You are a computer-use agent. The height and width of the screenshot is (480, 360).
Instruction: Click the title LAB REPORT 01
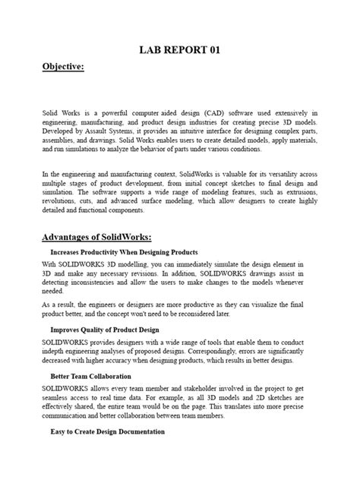click(x=179, y=50)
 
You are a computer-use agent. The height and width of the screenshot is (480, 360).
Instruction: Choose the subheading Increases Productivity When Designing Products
click(x=124, y=251)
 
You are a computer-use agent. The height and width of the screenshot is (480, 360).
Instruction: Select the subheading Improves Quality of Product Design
click(x=105, y=330)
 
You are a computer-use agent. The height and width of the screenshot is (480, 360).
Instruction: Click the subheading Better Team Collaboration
click(x=90, y=377)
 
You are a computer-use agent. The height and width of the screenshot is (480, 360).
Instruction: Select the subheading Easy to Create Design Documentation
click(x=107, y=431)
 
